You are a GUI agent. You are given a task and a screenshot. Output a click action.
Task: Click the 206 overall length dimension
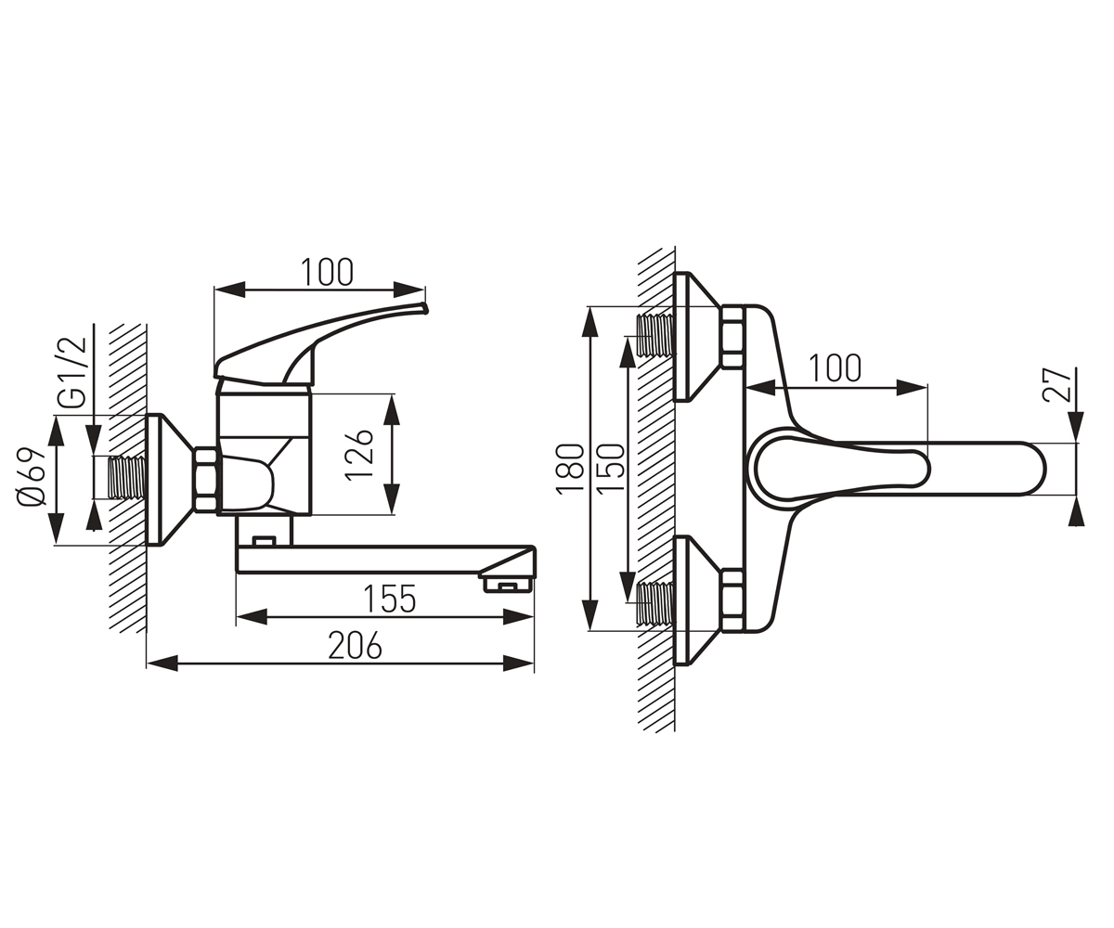tap(355, 645)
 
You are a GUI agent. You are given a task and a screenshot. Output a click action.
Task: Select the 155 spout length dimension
tap(389, 599)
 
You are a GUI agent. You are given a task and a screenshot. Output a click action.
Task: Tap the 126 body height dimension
tap(358, 455)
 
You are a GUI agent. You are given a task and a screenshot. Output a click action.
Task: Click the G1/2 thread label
tap(71, 372)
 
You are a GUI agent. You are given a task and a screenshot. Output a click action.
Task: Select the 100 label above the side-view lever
tap(327, 273)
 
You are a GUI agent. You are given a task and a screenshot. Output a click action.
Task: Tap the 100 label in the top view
tap(835, 368)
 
